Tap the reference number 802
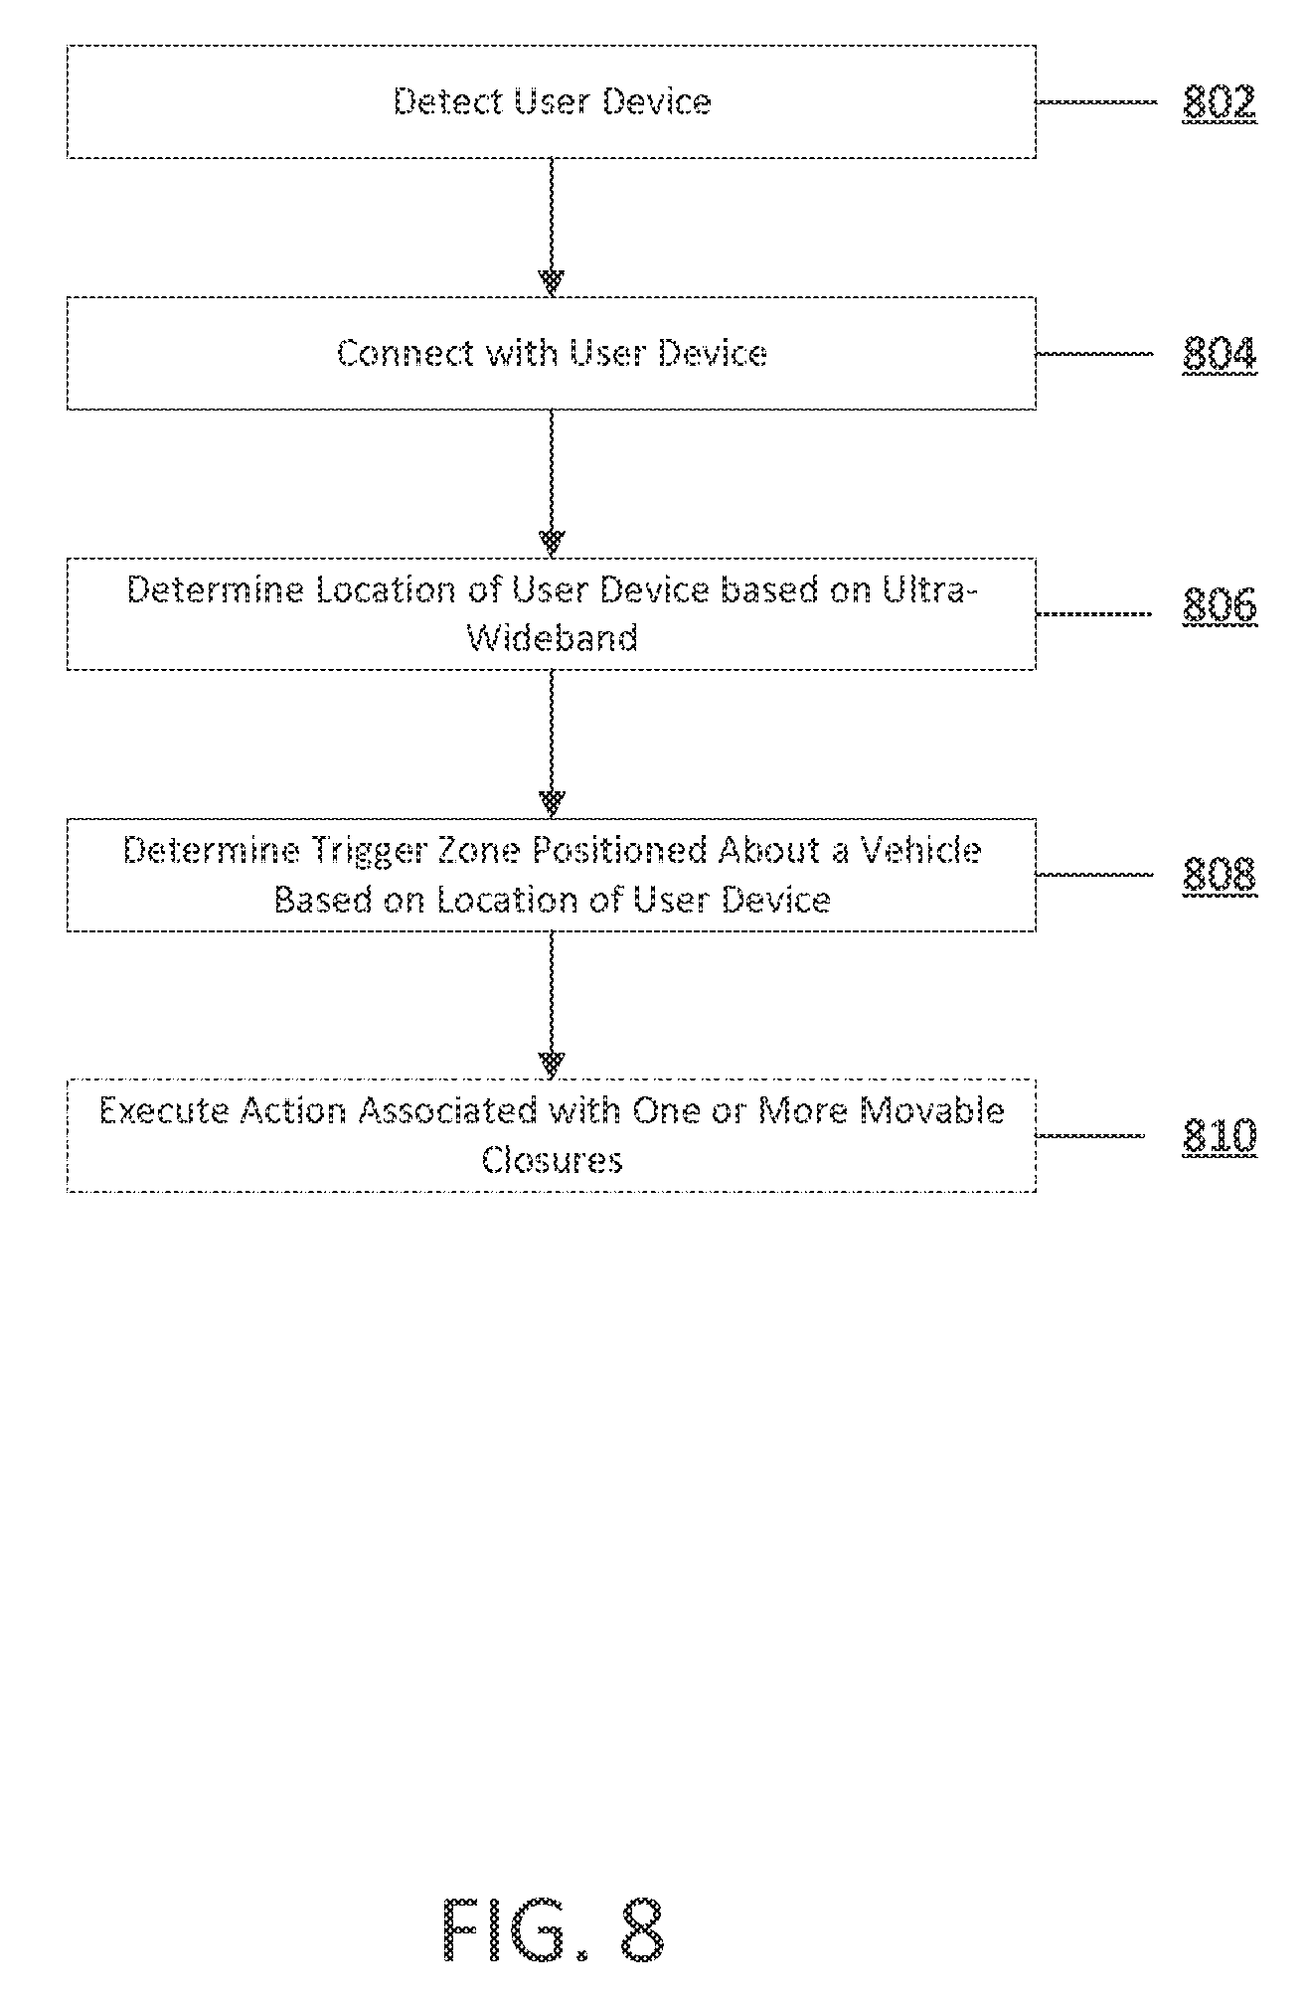1220,102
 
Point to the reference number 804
1220,354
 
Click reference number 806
1220,605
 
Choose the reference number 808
1220,874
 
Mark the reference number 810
1220,1134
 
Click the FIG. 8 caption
553,1929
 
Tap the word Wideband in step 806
553,638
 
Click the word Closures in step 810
553,1160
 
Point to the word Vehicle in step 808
920,851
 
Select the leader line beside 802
1097,101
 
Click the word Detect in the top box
446,101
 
